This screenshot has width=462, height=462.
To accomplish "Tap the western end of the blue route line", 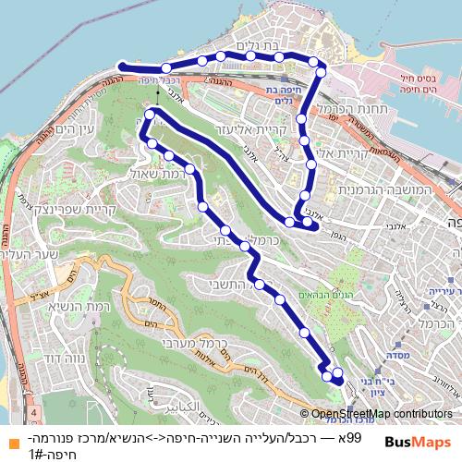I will click(x=121, y=65).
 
